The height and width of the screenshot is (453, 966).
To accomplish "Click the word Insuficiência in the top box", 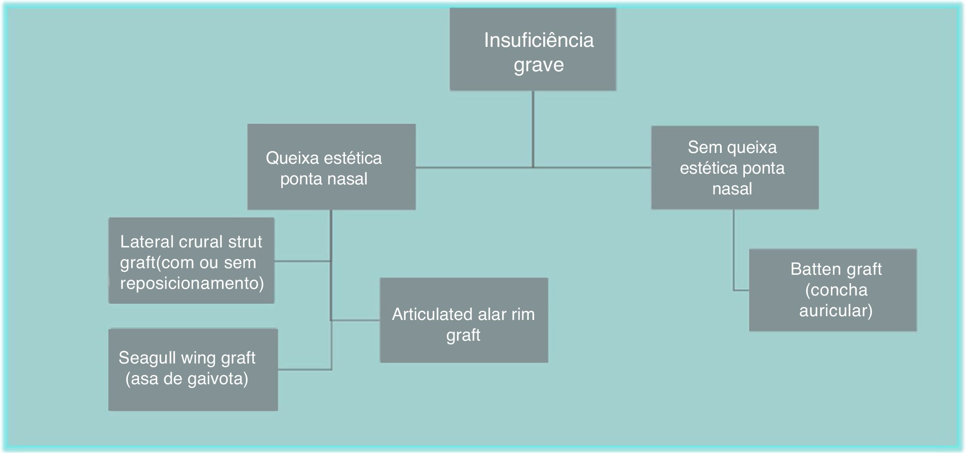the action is (x=539, y=41).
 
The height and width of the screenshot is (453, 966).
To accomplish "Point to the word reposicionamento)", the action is (x=192, y=283).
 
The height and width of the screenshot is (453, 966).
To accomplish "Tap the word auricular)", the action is (x=836, y=311).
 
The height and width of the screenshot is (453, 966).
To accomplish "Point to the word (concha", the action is (x=836, y=290).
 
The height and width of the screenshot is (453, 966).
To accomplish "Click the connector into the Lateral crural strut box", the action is (x=302, y=261).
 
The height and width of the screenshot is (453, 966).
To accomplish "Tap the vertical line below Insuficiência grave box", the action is (x=533, y=128).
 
